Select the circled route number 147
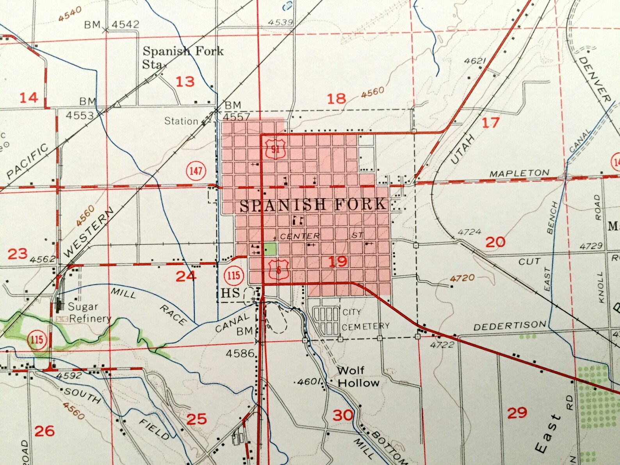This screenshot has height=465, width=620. click(x=196, y=171)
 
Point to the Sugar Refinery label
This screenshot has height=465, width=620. click(x=84, y=312)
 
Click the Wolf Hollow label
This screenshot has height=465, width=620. click(x=357, y=376)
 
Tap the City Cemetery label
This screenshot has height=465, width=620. click(x=365, y=319)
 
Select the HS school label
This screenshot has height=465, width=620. click(x=230, y=293)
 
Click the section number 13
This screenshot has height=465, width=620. click(x=185, y=82)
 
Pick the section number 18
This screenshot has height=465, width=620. click(x=336, y=98)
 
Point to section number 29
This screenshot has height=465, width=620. click(x=517, y=413)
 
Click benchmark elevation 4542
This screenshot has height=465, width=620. click(x=125, y=25)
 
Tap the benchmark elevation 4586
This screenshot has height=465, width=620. click(x=240, y=354)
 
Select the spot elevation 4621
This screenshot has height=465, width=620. click(x=475, y=61)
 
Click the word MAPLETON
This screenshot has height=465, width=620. click(x=519, y=173)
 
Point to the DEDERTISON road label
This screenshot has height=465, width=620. click(x=510, y=325)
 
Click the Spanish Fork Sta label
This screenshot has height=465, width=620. click(x=183, y=57)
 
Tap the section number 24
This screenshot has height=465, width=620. click(x=186, y=276)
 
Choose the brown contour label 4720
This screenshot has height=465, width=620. click(x=462, y=278)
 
